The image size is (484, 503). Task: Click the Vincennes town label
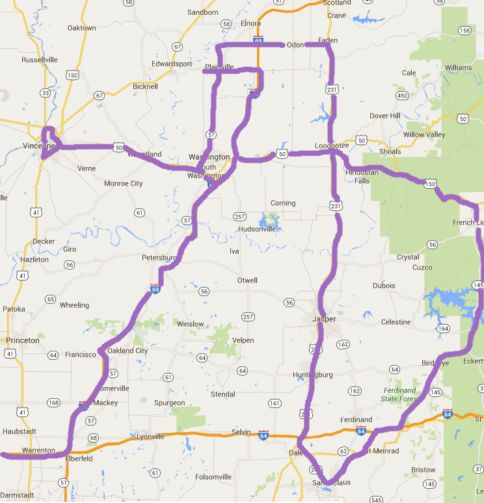point(38,146)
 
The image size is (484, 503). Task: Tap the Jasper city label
point(324,319)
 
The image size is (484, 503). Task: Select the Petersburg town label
point(159,258)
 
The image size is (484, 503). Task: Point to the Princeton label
point(23,340)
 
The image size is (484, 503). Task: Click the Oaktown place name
point(81,28)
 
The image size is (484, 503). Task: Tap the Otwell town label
point(247,280)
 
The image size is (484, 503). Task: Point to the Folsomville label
point(213,477)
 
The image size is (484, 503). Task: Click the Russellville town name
point(40,60)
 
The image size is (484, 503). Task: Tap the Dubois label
point(384,285)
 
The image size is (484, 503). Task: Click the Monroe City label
point(124,184)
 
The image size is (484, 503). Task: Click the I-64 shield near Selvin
point(263,434)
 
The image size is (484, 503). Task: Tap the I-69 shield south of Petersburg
point(155,289)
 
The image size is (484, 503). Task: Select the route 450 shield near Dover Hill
point(402,96)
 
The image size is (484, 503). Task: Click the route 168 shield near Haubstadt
point(53,403)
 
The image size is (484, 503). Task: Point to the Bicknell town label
point(145,86)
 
